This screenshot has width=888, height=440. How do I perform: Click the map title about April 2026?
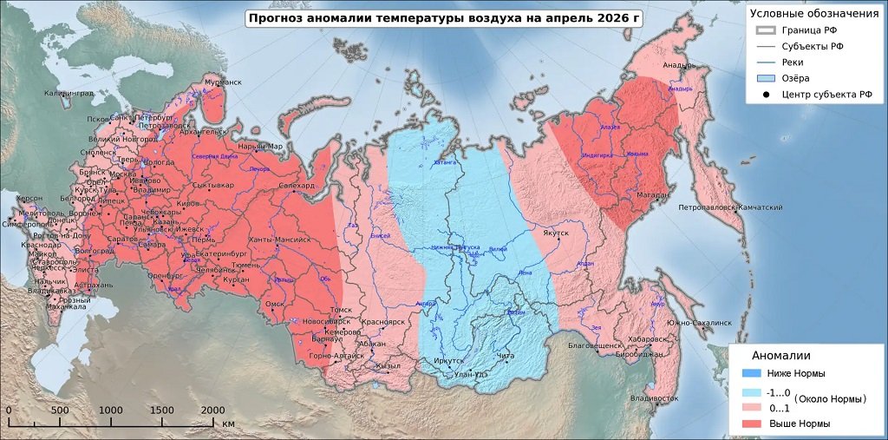(x=443, y=18)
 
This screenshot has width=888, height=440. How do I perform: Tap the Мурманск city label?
(x=224, y=82)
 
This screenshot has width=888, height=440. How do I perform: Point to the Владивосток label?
(x=654, y=398)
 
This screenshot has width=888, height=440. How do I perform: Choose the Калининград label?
(x=69, y=93)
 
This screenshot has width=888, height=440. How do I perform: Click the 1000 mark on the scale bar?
(x=111, y=410)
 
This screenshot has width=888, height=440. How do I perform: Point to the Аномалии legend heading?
(x=780, y=356)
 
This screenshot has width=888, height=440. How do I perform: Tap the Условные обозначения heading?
(x=813, y=13)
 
